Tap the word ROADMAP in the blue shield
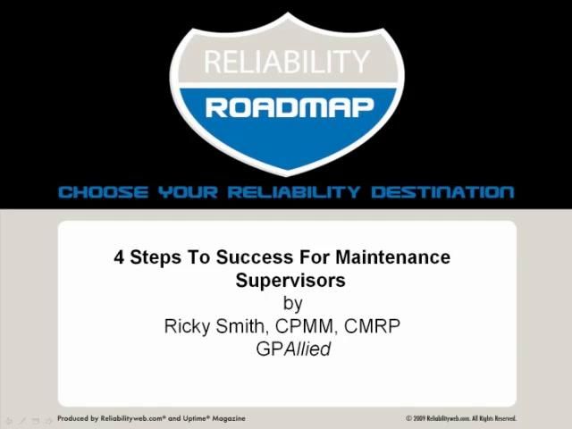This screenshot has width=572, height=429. pos(286,108)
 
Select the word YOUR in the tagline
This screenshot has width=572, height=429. pos(189,192)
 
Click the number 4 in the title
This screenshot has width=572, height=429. pos(119,258)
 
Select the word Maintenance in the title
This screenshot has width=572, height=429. pos(393,258)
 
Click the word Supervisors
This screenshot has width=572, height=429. pos(290,281)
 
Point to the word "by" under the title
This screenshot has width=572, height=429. pos(292,304)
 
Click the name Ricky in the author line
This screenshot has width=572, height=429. pos(188,326)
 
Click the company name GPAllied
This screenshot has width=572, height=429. pos(293,349)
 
